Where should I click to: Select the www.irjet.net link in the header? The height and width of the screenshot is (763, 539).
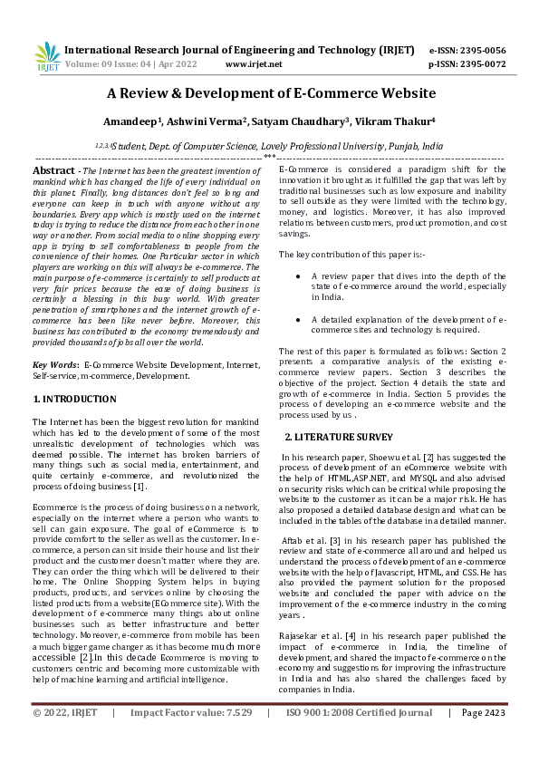tap(254, 64)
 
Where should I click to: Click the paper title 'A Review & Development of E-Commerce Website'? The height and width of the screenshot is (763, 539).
tap(271, 93)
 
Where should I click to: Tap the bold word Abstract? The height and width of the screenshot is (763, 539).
tap(53, 170)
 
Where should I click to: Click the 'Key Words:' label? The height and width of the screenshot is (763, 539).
tap(54, 363)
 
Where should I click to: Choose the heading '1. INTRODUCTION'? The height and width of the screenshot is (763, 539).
tap(73, 399)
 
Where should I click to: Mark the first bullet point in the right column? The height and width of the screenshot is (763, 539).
tap(299, 275)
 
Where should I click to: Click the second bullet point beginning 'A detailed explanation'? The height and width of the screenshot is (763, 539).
tap(299, 319)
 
